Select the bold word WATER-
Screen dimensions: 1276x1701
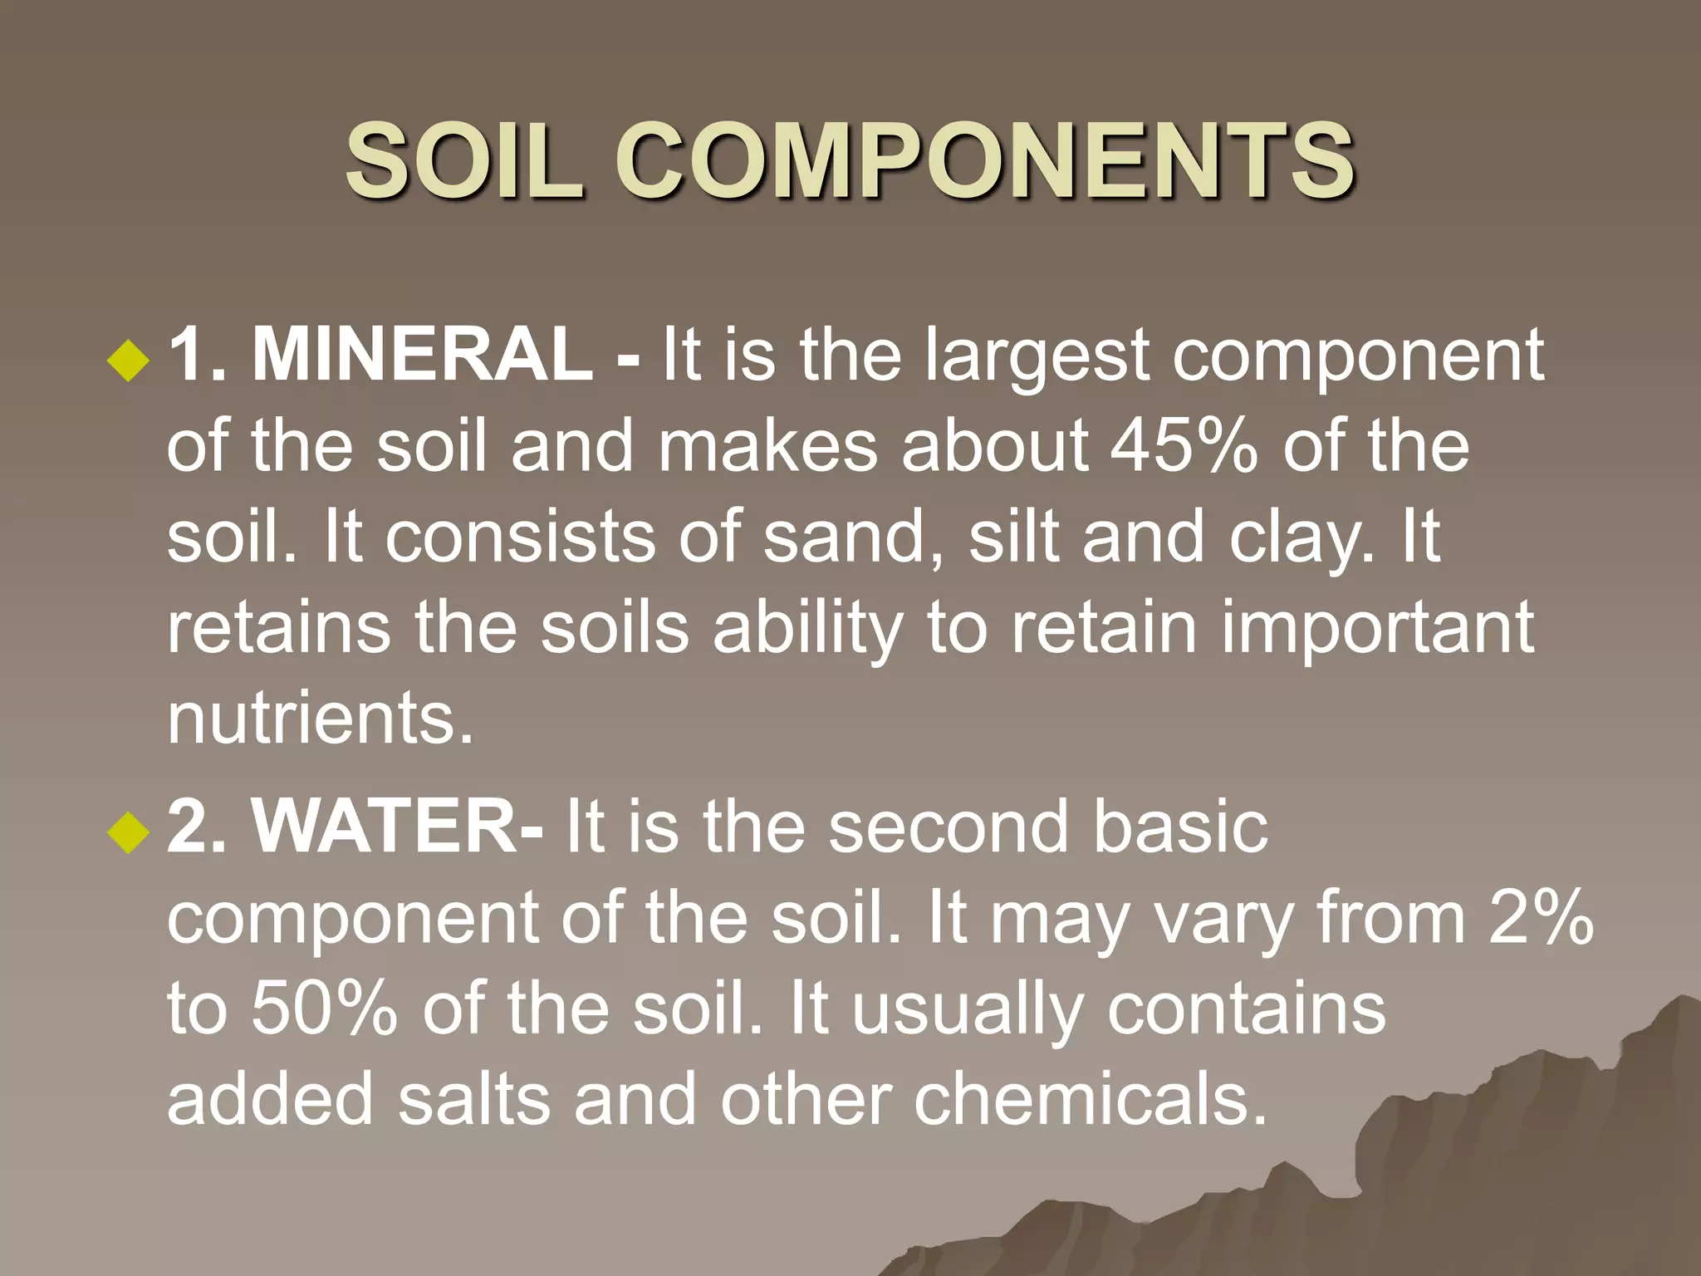point(398,827)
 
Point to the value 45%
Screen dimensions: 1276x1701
point(1184,446)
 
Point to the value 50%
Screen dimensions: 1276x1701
point(324,1008)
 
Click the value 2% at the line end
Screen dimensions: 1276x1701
point(1541,918)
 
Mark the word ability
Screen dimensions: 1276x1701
point(807,630)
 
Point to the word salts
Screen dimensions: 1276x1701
point(474,1098)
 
